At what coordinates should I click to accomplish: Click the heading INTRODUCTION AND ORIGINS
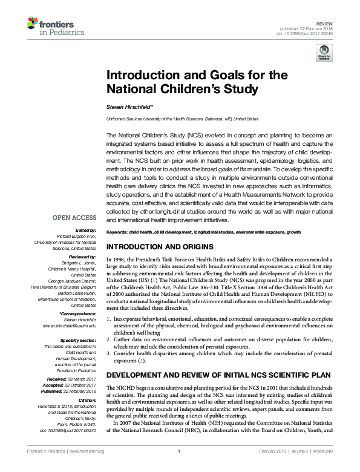[x=160, y=264]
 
